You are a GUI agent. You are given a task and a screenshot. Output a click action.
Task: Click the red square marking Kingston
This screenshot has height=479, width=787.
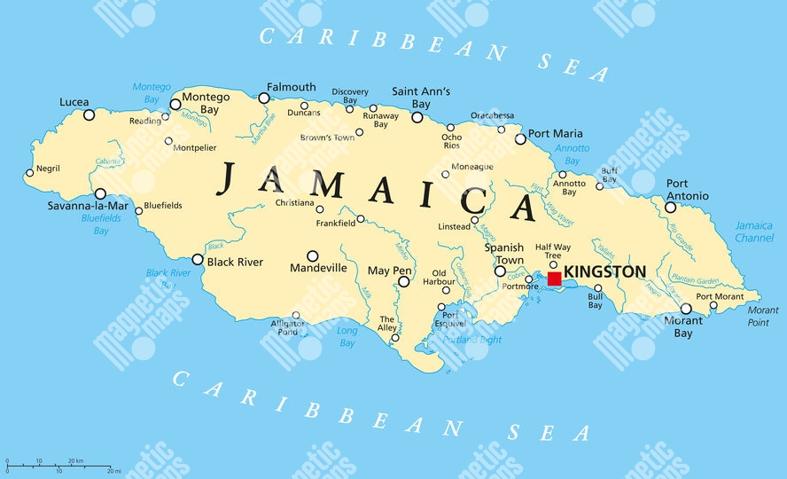click(554, 279)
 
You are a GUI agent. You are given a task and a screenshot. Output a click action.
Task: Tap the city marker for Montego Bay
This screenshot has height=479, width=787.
click(175, 104)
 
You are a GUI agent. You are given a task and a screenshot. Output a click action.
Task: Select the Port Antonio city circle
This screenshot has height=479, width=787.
click(670, 208)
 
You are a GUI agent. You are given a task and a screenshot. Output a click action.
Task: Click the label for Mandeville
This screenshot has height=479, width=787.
click(318, 267)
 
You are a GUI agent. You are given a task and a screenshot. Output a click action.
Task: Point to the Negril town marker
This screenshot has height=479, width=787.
click(29, 173)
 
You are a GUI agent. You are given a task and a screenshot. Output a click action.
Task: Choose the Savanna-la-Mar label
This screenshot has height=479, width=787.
click(88, 206)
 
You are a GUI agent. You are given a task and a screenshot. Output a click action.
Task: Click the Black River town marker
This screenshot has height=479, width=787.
click(198, 261)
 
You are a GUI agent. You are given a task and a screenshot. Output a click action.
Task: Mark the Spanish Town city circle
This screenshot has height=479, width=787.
click(500, 271)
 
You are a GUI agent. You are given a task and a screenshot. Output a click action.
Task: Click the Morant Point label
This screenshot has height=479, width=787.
click(762, 317)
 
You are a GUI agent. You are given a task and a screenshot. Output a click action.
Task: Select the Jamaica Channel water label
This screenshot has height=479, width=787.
click(754, 232)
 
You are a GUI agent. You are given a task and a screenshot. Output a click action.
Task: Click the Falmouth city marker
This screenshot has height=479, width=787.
click(263, 98)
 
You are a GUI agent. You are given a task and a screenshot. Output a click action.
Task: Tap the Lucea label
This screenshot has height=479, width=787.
click(74, 102)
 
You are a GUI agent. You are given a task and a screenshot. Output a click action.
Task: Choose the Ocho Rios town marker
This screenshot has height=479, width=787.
click(450, 128)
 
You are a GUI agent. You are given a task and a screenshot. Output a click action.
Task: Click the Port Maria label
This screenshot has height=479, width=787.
click(556, 134)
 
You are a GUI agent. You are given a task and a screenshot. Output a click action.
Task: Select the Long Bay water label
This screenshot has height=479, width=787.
click(347, 337)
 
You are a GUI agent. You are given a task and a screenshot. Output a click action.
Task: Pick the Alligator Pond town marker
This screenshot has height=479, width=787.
click(296, 315)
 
